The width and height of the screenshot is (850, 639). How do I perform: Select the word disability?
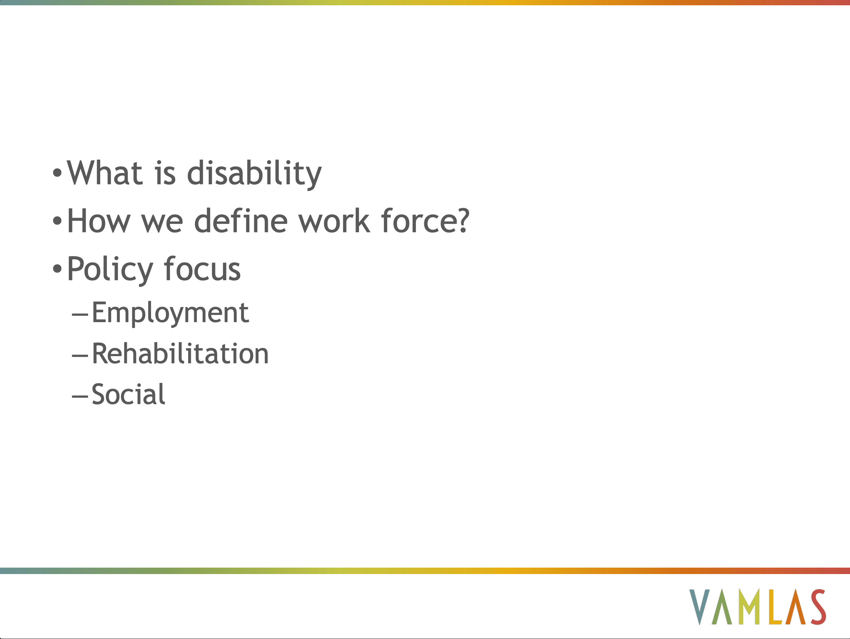pos(254,174)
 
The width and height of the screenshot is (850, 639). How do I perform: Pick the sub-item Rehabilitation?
pos(180,353)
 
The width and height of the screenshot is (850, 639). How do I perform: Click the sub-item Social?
pos(128,394)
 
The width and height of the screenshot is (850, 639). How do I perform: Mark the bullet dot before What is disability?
pos(57,173)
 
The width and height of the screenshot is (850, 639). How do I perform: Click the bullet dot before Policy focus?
pos(57,269)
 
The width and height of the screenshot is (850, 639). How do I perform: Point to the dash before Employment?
pos(80,315)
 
